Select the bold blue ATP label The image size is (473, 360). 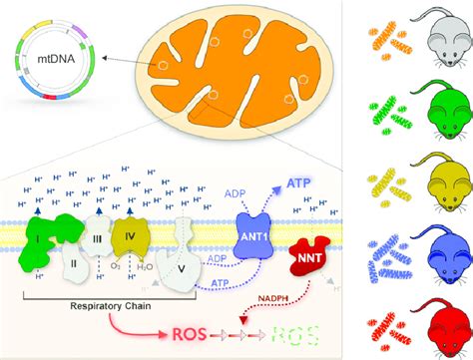pos(301,182)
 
